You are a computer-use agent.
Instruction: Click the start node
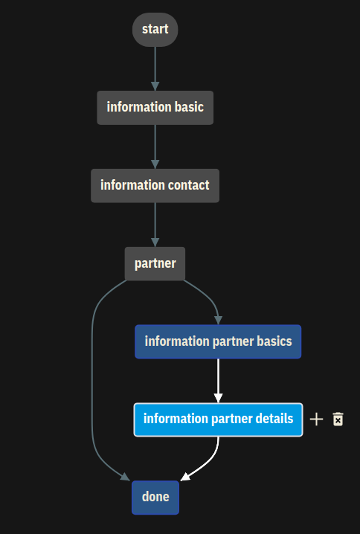coord(155,30)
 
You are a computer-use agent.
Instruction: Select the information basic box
coord(155,108)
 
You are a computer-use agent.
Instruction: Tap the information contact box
coord(155,186)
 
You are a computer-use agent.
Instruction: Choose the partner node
coord(155,263)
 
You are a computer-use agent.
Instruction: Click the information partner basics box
coord(218,341)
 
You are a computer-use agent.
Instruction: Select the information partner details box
coord(218,419)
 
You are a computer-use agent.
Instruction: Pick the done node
coord(155,498)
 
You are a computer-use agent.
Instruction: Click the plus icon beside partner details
coord(316,419)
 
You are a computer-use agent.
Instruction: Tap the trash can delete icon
coord(338,419)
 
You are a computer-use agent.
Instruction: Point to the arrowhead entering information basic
coord(155,86)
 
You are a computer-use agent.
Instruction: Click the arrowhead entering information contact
coord(155,164)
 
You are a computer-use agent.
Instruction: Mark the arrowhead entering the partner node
coord(155,242)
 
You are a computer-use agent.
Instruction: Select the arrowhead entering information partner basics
coord(219,320)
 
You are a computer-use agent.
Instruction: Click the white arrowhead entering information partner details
coord(219,398)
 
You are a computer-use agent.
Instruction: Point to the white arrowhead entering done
coord(185,477)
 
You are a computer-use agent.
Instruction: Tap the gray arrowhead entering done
coord(125,477)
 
